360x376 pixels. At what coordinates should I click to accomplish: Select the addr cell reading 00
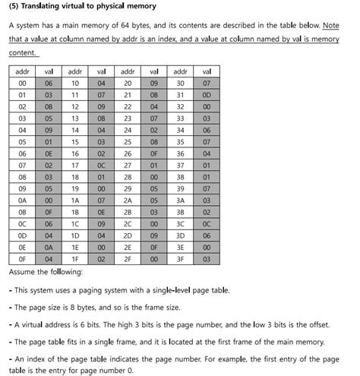22,83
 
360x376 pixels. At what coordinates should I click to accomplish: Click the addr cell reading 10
75,83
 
